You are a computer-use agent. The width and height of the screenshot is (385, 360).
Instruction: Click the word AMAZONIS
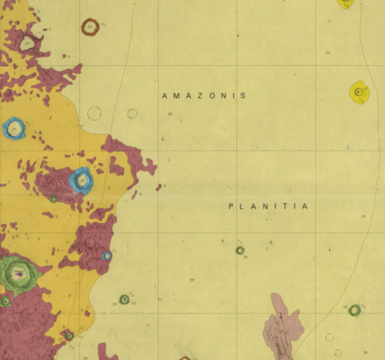coord(203,96)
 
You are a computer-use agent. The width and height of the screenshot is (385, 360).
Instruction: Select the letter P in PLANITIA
coord(231,206)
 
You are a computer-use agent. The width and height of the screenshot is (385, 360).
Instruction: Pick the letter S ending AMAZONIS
coord(243,96)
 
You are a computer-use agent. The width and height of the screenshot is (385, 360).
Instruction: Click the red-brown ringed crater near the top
coord(90,26)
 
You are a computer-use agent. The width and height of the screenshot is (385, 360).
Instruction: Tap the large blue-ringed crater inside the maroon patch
coord(81,179)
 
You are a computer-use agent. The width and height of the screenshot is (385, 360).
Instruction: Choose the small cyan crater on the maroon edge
coord(107,255)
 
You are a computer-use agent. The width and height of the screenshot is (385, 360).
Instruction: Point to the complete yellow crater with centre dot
coord(360,91)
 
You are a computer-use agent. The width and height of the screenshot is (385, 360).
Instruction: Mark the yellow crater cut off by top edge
coord(345,3)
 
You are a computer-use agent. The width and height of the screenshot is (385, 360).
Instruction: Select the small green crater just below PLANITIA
coord(240,250)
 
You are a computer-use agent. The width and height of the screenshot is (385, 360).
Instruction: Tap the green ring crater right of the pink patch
coord(355,310)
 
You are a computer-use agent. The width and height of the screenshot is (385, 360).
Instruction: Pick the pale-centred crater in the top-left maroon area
coord(27,42)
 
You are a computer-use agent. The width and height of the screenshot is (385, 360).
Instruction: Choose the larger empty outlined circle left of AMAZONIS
coord(94,113)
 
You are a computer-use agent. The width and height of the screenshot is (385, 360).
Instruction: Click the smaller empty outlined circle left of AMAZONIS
coord(133,113)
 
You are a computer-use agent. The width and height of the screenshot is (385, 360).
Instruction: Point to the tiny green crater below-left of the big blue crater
coord(53,199)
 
